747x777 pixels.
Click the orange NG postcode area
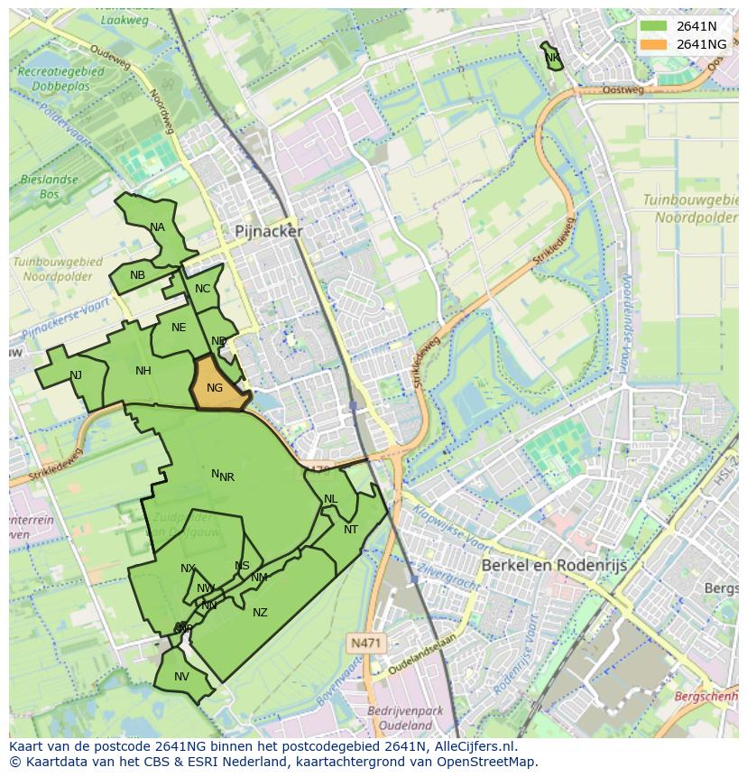(x=217, y=386)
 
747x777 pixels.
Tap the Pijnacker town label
(x=269, y=231)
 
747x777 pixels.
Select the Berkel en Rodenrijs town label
(x=554, y=565)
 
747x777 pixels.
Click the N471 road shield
(x=364, y=643)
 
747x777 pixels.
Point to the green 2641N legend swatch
(x=652, y=26)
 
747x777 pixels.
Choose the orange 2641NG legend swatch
(x=652, y=44)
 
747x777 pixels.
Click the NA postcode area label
(x=158, y=227)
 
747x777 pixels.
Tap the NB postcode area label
(x=137, y=275)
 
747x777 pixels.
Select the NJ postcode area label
(x=76, y=375)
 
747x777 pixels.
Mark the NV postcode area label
(x=181, y=677)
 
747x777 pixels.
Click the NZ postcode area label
(x=260, y=613)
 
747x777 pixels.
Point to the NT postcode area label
(x=351, y=530)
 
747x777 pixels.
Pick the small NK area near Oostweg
(x=552, y=58)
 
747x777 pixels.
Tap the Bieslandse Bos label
(x=49, y=187)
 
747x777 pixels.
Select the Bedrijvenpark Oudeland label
(x=406, y=718)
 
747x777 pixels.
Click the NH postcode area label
(x=143, y=371)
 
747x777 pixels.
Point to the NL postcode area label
(x=330, y=499)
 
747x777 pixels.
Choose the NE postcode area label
(x=179, y=328)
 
